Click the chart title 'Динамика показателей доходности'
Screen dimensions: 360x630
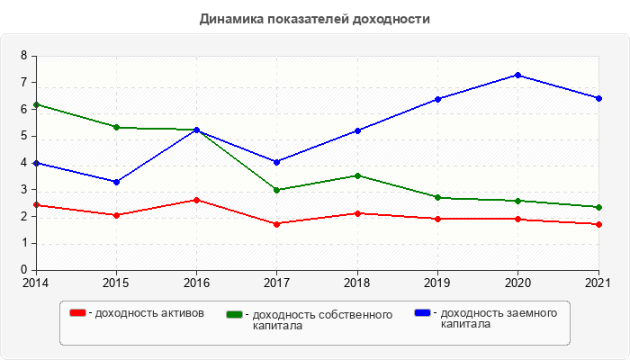tap(315, 18)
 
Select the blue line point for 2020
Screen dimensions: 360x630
tap(518, 75)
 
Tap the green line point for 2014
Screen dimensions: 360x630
tap(36, 104)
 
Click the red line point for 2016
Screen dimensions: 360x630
tap(197, 200)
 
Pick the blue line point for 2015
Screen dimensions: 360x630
tap(116, 182)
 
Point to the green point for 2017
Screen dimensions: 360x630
tap(277, 190)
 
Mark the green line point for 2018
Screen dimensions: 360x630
tap(357, 175)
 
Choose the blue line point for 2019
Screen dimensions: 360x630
tap(438, 99)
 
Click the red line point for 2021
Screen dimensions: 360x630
tap(598, 224)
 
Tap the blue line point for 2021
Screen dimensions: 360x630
tap(598, 98)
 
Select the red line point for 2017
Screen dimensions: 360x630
tap(277, 223)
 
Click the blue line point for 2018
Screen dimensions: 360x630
tap(357, 130)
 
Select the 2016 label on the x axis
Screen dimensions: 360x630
tap(197, 283)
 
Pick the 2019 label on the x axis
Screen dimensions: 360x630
tap(438, 283)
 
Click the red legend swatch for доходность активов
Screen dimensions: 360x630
tap(77, 313)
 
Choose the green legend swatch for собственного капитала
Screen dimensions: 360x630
tap(235, 315)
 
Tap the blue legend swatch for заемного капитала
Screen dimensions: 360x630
tap(422, 313)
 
